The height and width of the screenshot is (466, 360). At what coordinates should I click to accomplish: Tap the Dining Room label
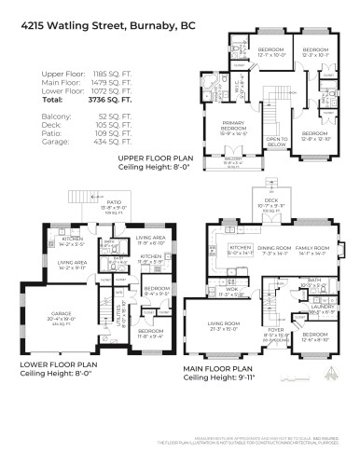pos(272,249)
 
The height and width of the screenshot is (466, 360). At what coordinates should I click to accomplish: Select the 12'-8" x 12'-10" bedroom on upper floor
pos(315,111)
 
